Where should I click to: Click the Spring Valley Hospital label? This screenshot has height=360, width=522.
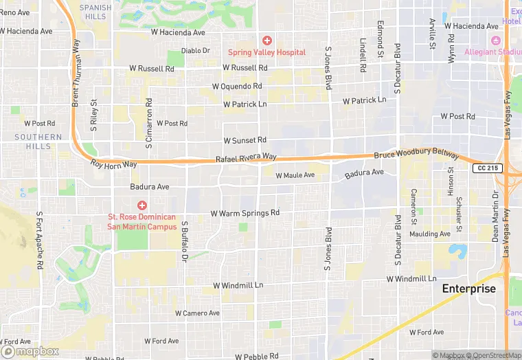(266, 52)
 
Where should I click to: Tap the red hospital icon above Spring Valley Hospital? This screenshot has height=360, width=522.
(266, 41)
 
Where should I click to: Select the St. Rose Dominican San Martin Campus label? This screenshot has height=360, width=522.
(142, 221)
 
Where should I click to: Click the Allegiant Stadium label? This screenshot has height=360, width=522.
(492, 52)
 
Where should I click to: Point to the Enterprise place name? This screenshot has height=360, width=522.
(468, 289)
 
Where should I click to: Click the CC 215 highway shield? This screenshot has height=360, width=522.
(488, 168)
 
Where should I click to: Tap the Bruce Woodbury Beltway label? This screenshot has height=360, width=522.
(416, 156)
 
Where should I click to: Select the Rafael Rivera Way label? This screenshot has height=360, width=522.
(246, 158)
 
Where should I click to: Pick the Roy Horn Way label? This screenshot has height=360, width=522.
(114, 164)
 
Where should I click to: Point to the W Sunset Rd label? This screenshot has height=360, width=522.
(240, 140)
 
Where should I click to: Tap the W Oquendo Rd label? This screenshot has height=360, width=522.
(237, 87)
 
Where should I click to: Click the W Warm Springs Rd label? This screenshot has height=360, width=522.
(245, 213)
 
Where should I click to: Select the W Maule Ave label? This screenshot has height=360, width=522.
(295, 175)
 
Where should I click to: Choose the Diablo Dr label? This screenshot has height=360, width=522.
(195, 50)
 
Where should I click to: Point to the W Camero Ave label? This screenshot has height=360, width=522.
(197, 313)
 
